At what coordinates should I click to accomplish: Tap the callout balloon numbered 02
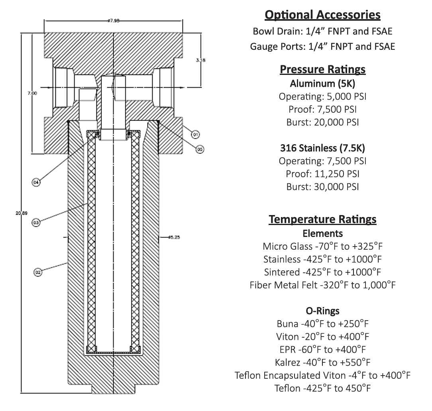[38, 272]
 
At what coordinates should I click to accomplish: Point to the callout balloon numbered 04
[36, 182]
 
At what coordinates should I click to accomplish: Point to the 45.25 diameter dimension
[175, 237]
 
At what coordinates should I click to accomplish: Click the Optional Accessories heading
[322, 15]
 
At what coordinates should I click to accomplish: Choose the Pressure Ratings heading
[322, 70]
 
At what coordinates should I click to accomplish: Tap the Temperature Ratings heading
[322, 219]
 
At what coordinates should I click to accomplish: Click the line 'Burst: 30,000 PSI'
[322, 186]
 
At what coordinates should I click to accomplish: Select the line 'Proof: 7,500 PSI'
[322, 110]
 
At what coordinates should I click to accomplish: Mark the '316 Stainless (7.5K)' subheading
[322, 148]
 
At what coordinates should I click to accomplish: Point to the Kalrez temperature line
[322, 362]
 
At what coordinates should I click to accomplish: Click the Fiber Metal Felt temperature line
[322, 285]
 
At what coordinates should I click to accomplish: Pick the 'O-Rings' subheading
[322, 310]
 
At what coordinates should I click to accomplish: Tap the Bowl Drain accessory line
[322, 31]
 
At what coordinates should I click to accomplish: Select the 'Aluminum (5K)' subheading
[322, 84]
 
